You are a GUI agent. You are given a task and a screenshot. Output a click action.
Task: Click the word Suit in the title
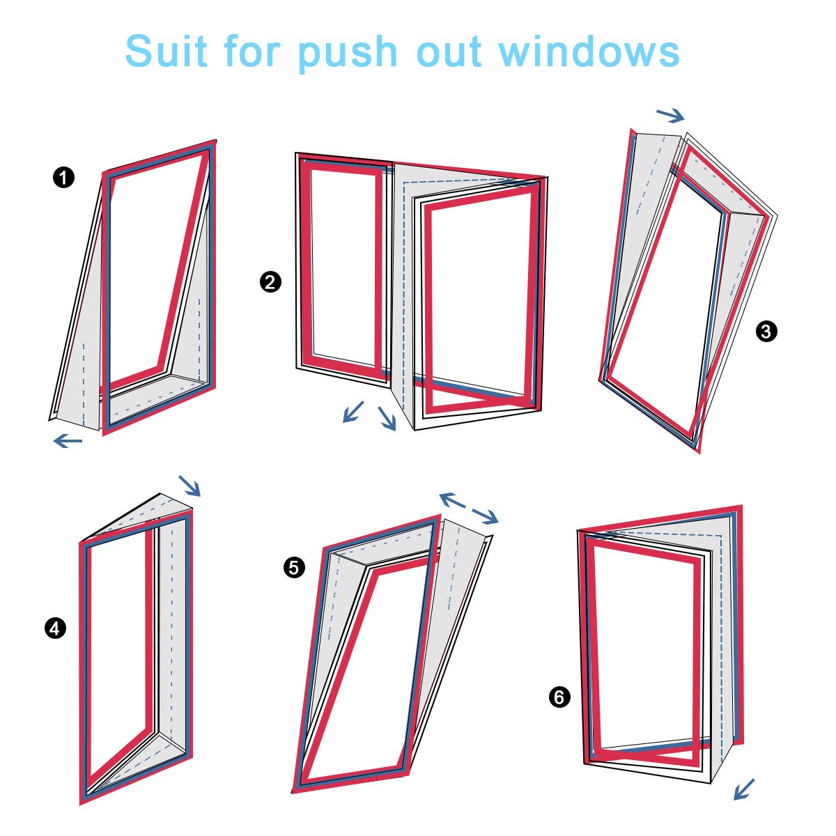(166, 51)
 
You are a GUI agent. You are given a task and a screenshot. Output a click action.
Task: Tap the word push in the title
(347, 54)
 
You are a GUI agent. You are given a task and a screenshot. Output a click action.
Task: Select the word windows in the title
(589, 51)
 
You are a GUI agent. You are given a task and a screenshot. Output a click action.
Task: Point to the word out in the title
(449, 52)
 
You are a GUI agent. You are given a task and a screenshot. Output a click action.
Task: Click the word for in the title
(251, 51)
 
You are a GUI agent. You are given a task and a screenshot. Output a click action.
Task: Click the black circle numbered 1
(64, 178)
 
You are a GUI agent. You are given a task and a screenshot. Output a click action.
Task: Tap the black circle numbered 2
(270, 282)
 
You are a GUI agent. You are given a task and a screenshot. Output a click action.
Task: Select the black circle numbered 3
(766, 332)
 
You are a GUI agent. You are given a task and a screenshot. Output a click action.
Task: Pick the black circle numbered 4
(55, 628)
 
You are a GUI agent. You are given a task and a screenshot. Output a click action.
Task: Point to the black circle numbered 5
(294, 568)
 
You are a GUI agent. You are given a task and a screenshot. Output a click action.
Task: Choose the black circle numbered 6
(559, 697)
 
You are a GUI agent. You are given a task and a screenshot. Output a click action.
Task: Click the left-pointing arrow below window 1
(68, 441)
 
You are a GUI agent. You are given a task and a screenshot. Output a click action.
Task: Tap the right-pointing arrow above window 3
(670, 115)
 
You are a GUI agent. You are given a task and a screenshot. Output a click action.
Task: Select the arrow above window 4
(189, 486)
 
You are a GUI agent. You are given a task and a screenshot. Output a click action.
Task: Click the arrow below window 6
(744, 789)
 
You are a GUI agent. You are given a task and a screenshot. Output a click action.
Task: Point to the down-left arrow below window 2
(353, 411)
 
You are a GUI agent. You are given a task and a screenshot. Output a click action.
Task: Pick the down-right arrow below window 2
(387, 419)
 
